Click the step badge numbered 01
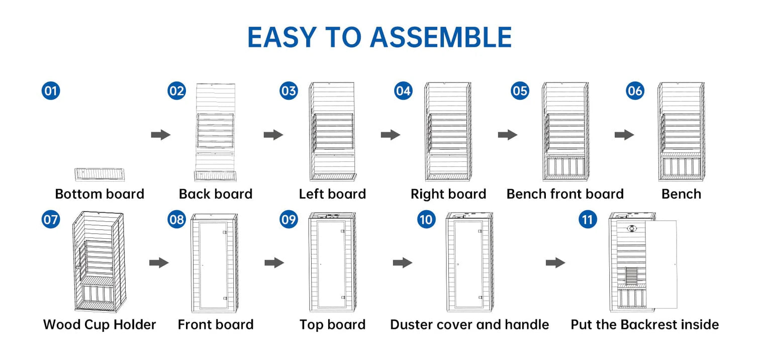point(51,91)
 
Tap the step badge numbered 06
point(635,91)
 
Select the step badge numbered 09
point(289,220)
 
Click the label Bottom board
point(100,194)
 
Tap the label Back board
point(216,194)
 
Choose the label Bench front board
point(565,194)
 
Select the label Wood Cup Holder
point(100,325)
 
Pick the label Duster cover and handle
point(469,325)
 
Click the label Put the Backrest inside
point(644,325)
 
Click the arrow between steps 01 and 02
point(161,135)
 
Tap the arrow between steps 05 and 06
point(624,135)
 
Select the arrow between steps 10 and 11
point(555,263)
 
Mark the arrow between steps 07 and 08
point(159,263)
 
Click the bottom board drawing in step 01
point(100,174)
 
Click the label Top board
point(332,325)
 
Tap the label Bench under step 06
point(681,194)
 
